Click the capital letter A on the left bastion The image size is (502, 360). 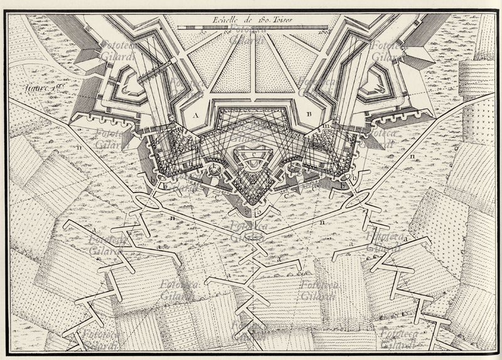click(x=196, y=116)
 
